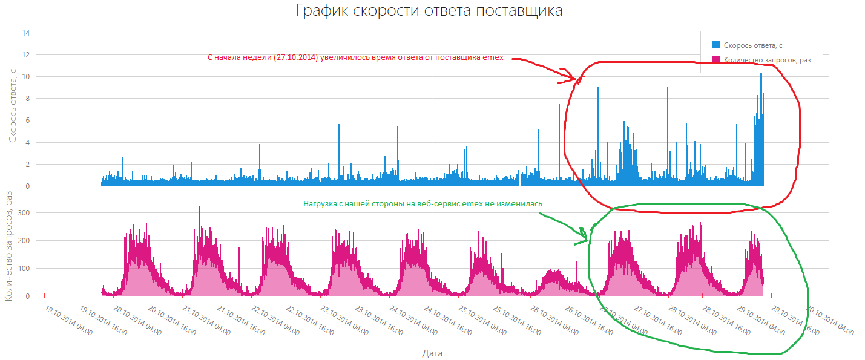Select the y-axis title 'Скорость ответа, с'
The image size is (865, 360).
coord(13,105)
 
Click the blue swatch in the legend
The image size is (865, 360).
coord(716,45)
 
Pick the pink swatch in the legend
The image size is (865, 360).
coord(716,59)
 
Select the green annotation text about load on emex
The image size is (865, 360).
coord(423,204)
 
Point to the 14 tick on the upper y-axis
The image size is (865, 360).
coord(25,33)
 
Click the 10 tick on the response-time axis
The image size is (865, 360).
coord(25,77)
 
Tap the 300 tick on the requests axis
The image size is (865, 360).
coord(24,212)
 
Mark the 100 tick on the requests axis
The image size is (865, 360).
coord(24,269)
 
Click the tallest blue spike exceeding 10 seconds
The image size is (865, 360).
coord(760,75)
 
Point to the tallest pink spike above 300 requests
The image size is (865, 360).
coord(200,207)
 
